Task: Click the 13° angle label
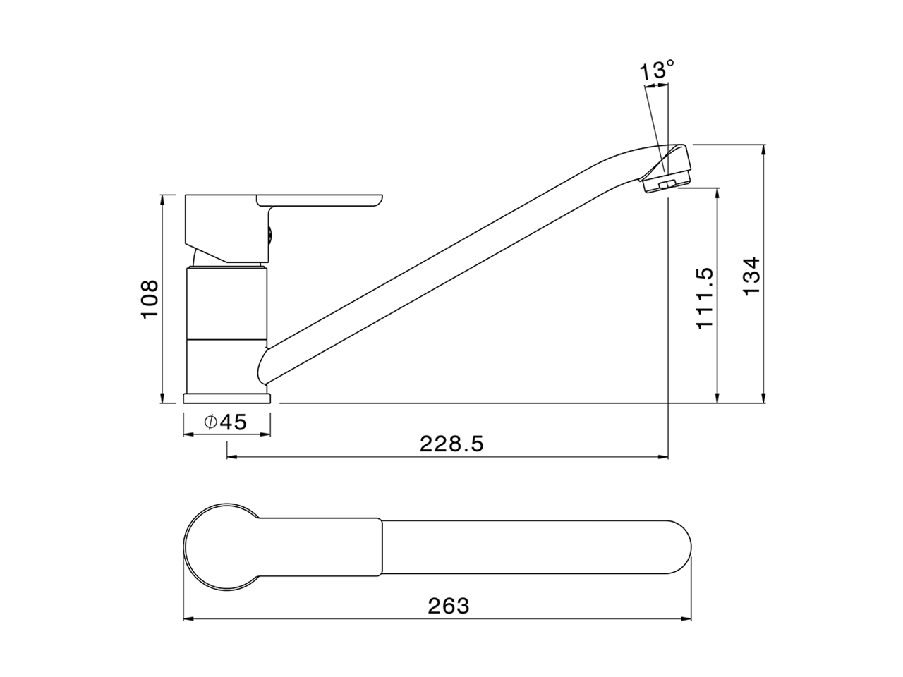coord(657,71)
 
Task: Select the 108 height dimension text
coord(150,299)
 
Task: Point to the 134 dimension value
coord(752,276)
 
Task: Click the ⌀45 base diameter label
coord(226,422)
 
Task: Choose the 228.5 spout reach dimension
coord(451,444)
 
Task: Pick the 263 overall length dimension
coord(448,605)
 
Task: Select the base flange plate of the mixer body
coord(226,398)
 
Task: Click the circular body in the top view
coord(219,547)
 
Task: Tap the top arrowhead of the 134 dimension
coord(764,149)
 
